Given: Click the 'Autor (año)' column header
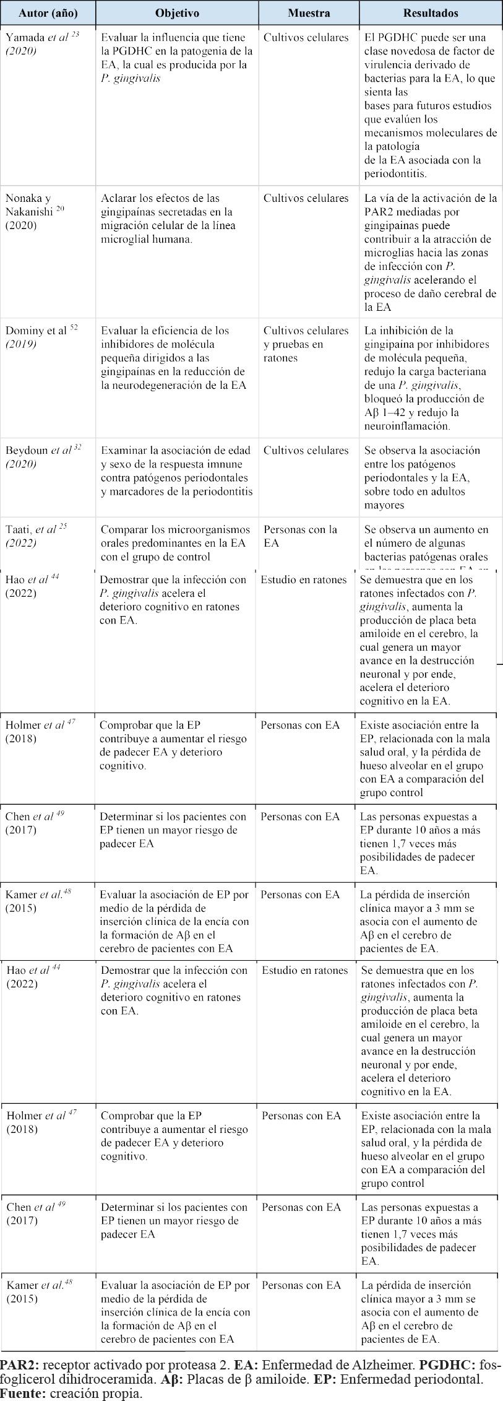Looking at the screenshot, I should pyautogui.click(x=48, y=13).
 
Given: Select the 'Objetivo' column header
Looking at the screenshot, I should pyautogui.click(x=177, y=13).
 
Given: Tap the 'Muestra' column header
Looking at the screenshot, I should pyautogui.click(x=309, y=13).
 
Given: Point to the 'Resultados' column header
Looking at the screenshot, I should pyautogui.click(x=431, y=13).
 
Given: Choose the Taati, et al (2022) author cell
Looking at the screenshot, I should pyautogui.click(x=37, y=536).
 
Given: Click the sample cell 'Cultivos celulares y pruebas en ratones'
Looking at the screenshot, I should pyautogui.click(x=306, y=344).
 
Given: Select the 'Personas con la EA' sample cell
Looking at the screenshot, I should pyautogui.click(x=300, y=536).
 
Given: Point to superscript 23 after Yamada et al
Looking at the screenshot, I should pyautogui.click(x=75, y=35).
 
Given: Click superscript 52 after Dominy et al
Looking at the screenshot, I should pyautogui.click(x=74, y=327).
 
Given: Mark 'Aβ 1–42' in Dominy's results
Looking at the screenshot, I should pyautogui.click(x=388, y=412).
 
